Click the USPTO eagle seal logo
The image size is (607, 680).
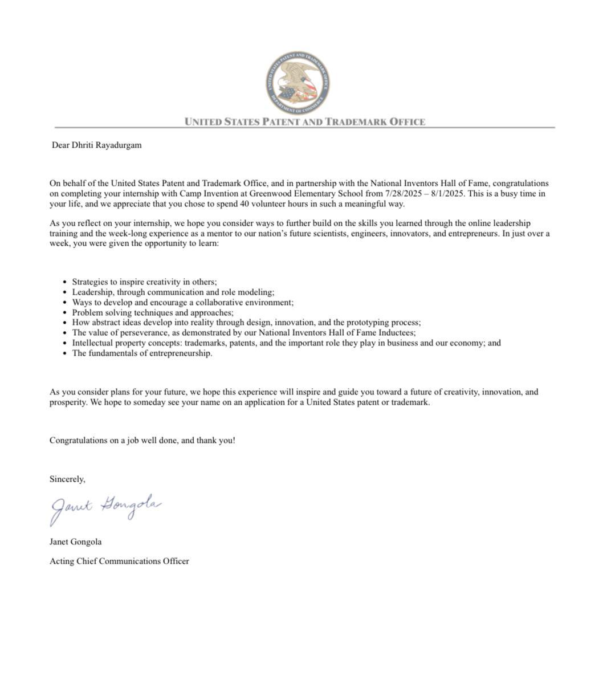pyautogui.click(x=297, y=83)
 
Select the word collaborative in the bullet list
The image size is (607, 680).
pyautogui.click(x=219, y=302)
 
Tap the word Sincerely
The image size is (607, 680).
pyautogui.click(x=67, y=479)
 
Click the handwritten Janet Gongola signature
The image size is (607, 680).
pyautogui.click(x=105, y=508)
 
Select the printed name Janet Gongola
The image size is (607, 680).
pyautogui.click(x=75, y=541)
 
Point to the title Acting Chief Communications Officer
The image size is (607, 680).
pyautogui.click(x=119, y=561)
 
